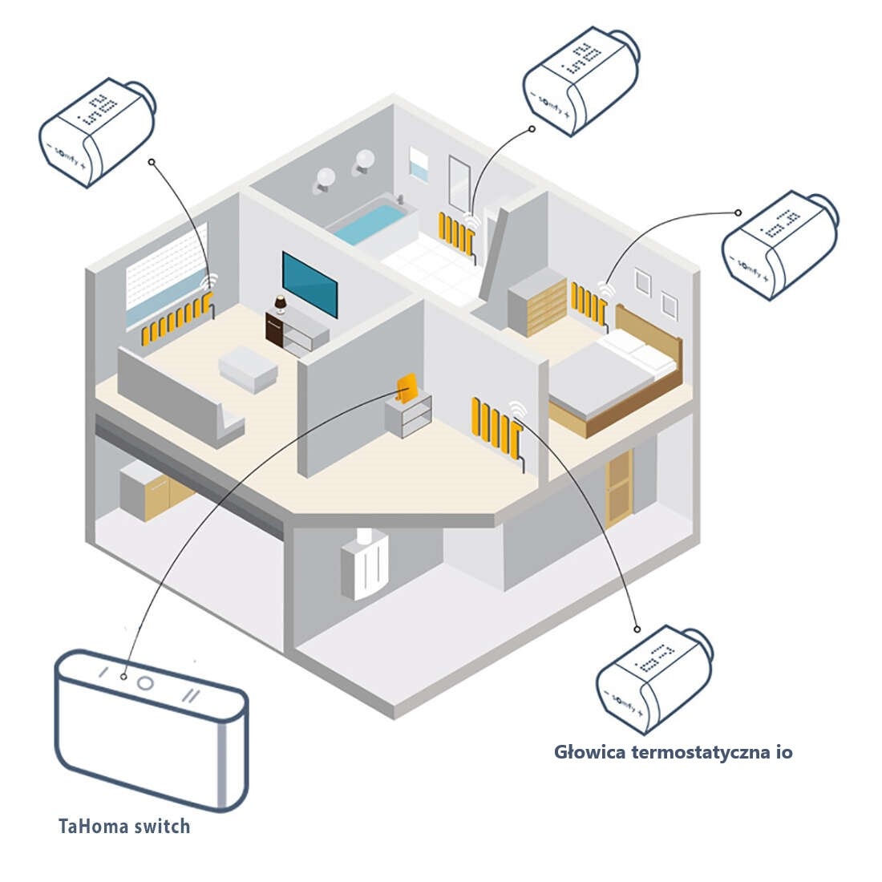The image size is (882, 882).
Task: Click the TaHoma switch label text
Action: [x=124, y=826]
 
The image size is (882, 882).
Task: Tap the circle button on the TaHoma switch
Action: [x=145, y=683]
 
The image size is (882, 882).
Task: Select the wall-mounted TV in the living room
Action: [x=310, y=284]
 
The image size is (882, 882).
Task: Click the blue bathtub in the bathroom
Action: [x=371, y=222]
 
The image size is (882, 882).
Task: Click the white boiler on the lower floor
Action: [x=365, y=565]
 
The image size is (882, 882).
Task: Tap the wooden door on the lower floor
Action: [x=619, y=488]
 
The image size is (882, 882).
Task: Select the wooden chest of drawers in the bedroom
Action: [x=537, y=303]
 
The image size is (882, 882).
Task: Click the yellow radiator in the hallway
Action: [x=496, y=427]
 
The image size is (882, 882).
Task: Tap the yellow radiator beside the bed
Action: [x=589, y=303]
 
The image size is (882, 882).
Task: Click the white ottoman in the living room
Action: [x=249, y=369]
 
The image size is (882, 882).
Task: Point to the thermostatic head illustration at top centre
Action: [x=581, y=80]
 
